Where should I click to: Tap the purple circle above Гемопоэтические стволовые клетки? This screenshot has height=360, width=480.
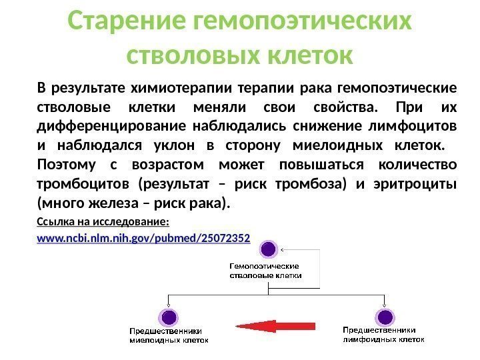pyautogui.click(x=268, y=250)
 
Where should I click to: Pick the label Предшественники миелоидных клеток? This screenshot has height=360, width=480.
pyautogui.click(x=169, y=335)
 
